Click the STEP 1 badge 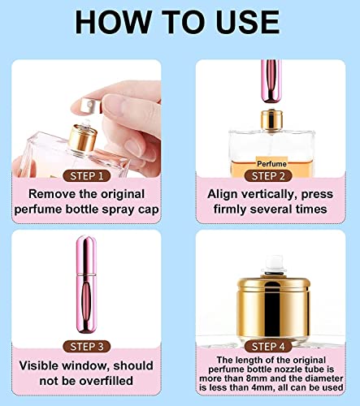click(x=87, y=176)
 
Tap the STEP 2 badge click(x=268, y=176)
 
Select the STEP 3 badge click(x=87, y=347)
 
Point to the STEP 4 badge click(x=268, y=347)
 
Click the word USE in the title click(x=247, y=22)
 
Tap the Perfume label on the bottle click(x=271, y=163)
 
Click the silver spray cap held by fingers click(x=91, y=106)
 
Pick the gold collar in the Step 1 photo click(x=83, y=138)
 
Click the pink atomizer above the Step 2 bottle click(x=271, y=81)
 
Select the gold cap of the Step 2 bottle click(x=271, y=119)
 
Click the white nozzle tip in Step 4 click(x=274, y=264)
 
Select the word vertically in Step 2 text click(x=266, y=194)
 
